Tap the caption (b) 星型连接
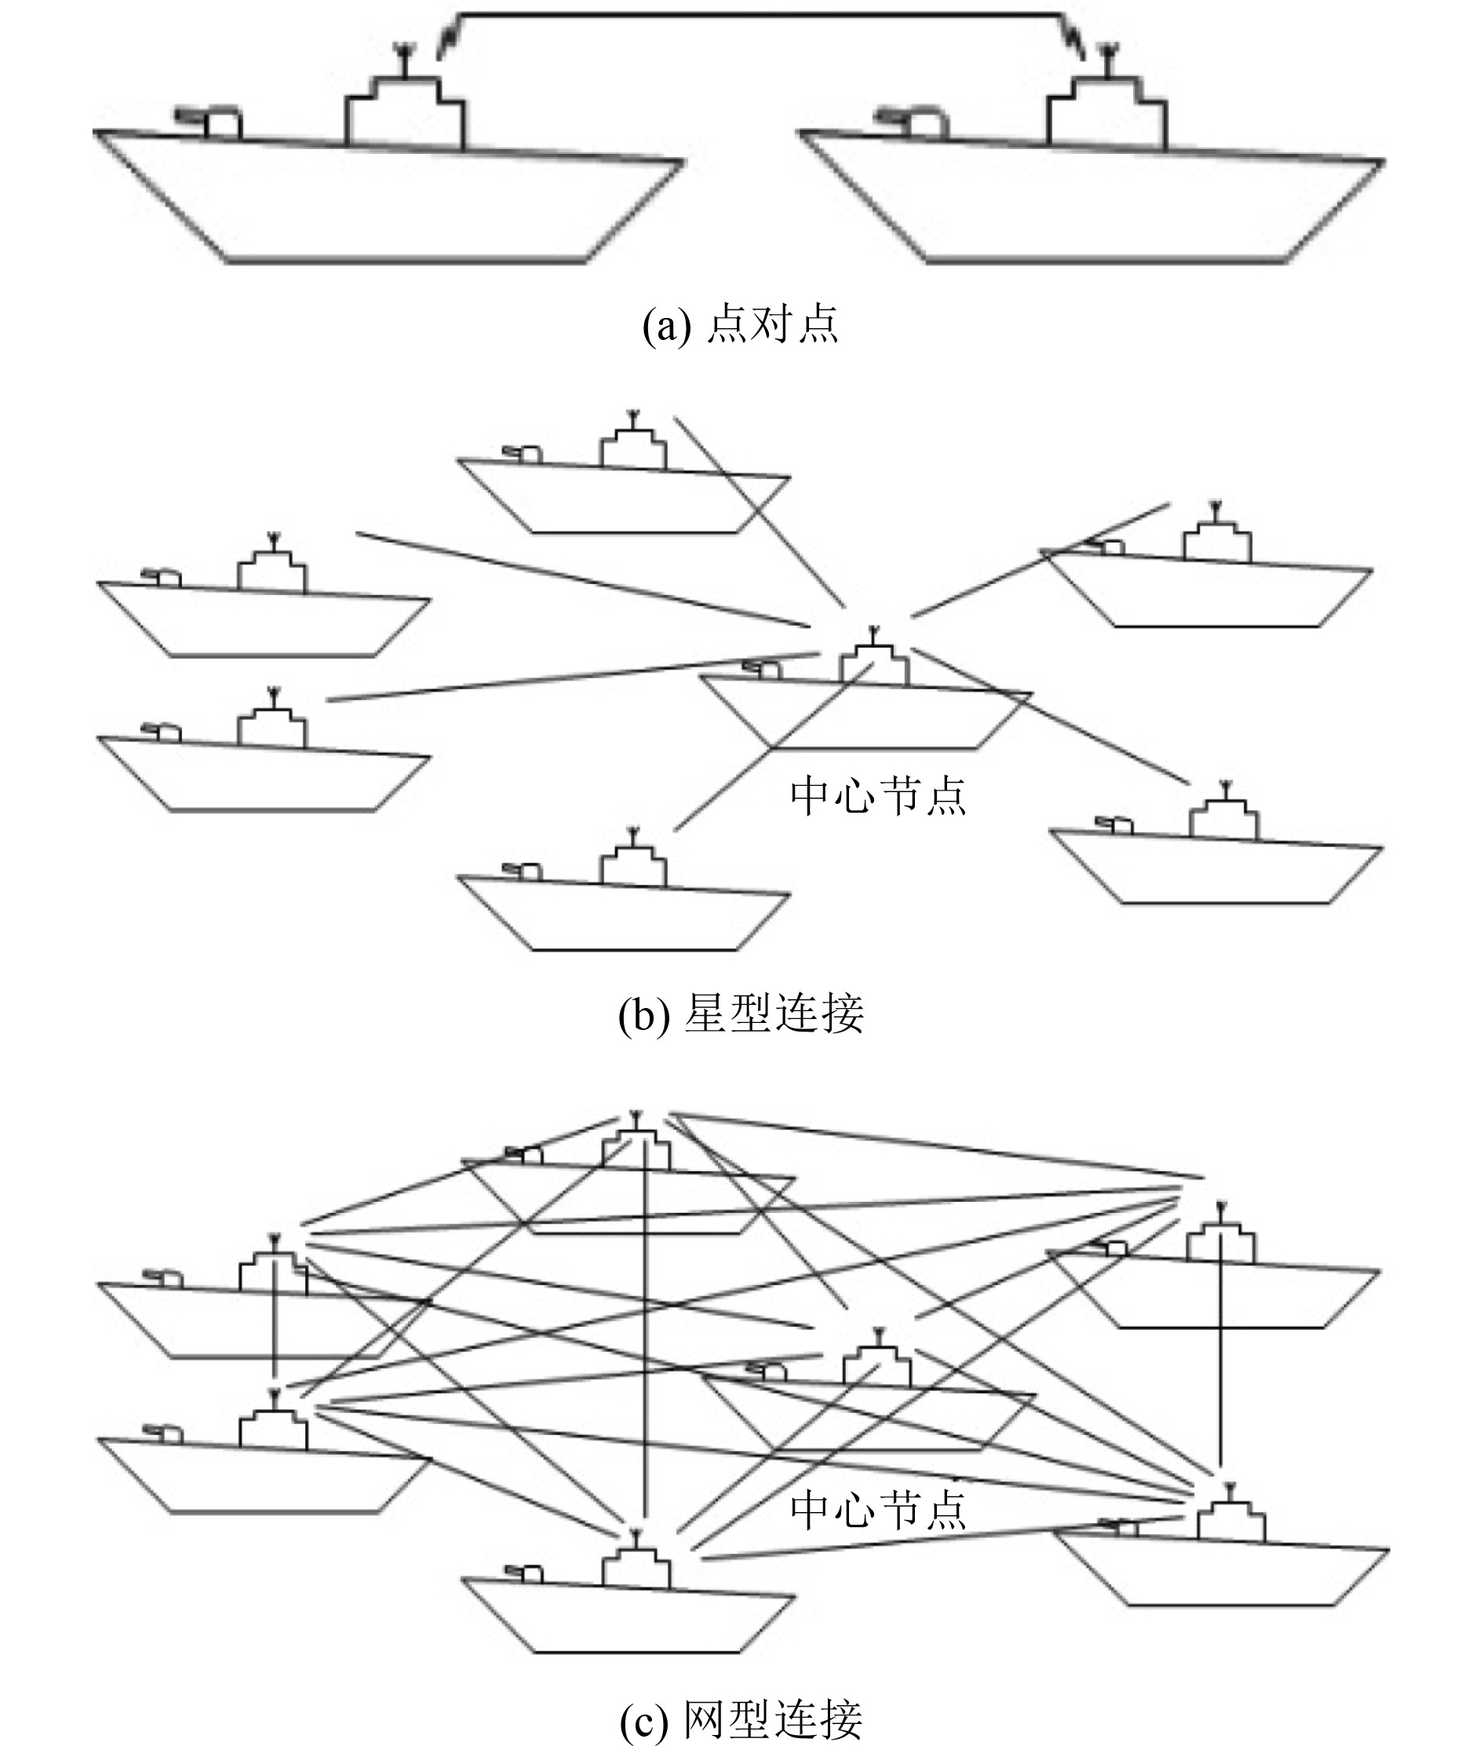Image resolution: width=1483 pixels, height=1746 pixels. (741, 1014)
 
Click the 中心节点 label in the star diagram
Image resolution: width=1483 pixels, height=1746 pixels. (878, 794)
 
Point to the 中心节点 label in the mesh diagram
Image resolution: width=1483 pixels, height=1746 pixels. (878, 1510)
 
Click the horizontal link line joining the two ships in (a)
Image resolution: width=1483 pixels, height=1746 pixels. (756, 15)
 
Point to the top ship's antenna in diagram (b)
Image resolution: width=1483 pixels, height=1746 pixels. (633, 417)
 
